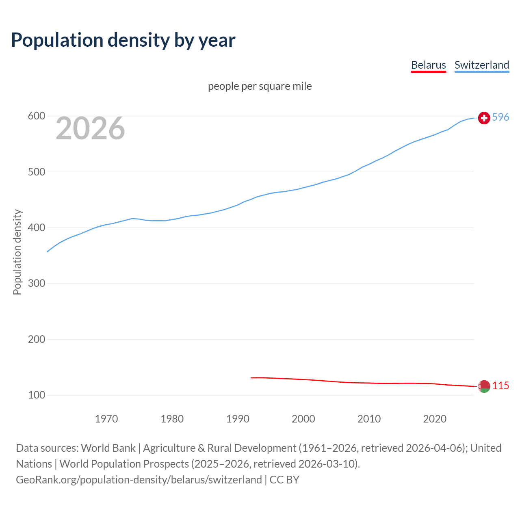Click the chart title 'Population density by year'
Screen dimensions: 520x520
click(123, 40)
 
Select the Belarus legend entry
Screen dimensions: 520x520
click(428, 65)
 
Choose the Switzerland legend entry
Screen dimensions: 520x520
click(481, 65)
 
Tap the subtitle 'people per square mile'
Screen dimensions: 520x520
click(260, 86)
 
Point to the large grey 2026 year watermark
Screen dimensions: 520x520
click(90, 128)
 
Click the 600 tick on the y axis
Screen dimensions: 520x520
click(36, 116)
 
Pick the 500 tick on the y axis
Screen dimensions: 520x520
click(36, 172)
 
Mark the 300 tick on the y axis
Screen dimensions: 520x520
click(36, 283)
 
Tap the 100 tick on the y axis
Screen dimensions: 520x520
click(36, 395)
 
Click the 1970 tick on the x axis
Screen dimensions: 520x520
click(106, 419)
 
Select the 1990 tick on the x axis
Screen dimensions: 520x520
click(238, 419)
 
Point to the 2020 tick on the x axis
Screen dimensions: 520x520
click(435, 419)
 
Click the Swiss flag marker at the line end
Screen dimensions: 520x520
click(484, 118)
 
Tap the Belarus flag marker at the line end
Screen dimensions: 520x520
click(484, 386)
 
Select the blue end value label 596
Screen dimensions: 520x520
click(500, 117)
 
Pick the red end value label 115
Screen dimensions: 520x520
click(500, 386)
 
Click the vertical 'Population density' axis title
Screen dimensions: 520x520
click(17, 252)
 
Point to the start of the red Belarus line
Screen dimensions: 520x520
click(251, 378)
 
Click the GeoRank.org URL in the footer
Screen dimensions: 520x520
click(139, 480)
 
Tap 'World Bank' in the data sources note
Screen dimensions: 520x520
click(108, 448)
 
